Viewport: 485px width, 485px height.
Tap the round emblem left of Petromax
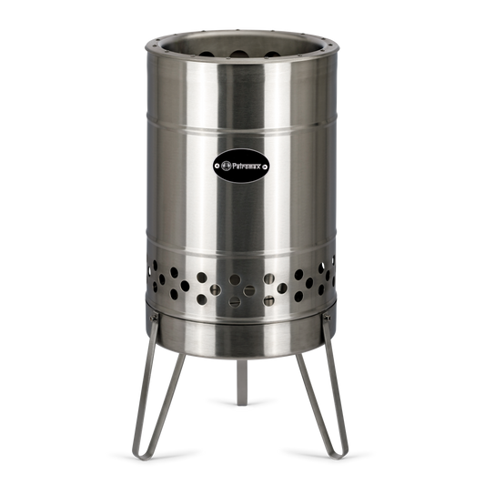click(x=226, y=166)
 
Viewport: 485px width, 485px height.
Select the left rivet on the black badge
click(x=217, y=166)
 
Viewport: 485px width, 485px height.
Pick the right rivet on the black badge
click(x=265, y=167)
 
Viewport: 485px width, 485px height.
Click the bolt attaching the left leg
click(x=154, y=318)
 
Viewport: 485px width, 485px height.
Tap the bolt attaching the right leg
click(x=327, y=318)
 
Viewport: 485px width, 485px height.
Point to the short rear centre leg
click(x=242, y=382)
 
